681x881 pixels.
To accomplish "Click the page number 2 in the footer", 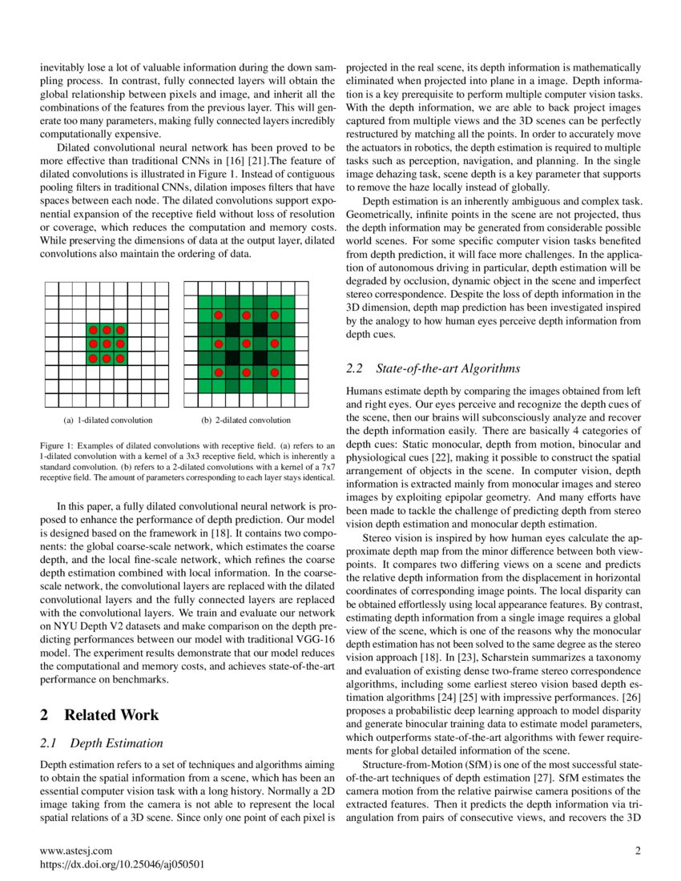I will pyautogui.click(x=638, y=851).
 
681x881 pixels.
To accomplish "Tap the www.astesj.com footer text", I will pyautogui.click(x=76, y=851).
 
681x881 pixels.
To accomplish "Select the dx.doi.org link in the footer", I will pyautogui.click(x=122, y=865).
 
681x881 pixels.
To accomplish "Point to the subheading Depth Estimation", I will pyautogui.click(x=116, y=744).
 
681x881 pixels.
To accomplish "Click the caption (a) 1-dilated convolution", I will pyautogui.click(x=107, y=420).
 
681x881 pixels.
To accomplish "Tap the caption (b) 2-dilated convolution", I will pyautogui.click(x=246, y=420).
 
